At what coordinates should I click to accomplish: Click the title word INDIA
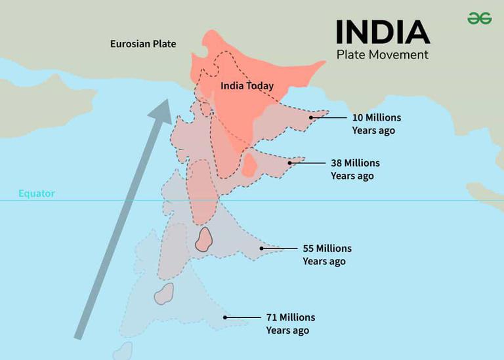(x=383, y=32)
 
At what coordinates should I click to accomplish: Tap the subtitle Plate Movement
(x=382, y=54)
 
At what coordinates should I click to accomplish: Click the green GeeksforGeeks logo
(x=479, y=18)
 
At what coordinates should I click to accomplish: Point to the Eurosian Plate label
(x=143, y=44)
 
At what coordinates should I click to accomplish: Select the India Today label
(x=247, y=86)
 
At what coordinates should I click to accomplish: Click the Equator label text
(x=37, y=193)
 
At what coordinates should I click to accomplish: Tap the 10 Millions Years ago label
(x=375, y=124)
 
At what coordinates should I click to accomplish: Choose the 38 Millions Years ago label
(x=354, y=169)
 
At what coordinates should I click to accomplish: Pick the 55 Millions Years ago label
(x=326, y=254)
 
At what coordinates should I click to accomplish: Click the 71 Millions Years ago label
(x=290, y=323)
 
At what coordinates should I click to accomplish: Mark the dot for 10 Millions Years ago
(x=311, y=118)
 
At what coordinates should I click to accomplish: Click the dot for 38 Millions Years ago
(x=290, y=163)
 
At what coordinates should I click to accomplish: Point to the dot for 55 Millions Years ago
(x=261, y=249)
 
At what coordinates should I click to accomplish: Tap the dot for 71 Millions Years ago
(x=225, y=317)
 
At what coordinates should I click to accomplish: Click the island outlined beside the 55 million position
(x=204, y=239)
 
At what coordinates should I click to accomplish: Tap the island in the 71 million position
(x=164, y=294)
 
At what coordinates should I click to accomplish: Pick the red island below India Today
(x=249, y=164)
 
